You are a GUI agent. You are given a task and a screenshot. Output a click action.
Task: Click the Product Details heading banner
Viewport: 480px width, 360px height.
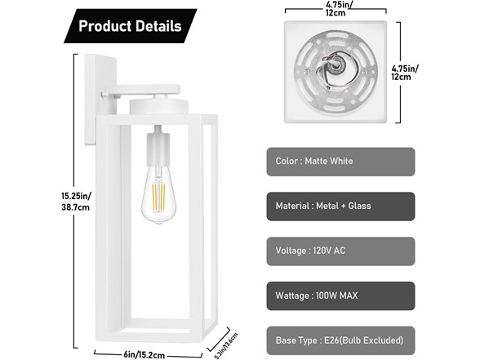pyautogui.click(x=131, y=26)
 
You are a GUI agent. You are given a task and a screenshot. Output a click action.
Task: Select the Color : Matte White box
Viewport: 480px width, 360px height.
pyautogui.click(x=340, y=162)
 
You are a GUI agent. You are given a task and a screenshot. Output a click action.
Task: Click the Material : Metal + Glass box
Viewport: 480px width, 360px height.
pyautogui.click(x=340, y=207)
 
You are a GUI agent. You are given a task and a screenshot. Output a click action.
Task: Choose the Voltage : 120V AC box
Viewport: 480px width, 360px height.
pyautogui.click(x=340, y=251)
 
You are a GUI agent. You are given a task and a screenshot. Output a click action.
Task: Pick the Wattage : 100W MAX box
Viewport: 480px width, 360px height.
pyautogui.click(x=340, y=296)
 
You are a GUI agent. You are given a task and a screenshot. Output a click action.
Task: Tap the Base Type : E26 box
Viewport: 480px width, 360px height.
pyautogui.click(x=340, y=340)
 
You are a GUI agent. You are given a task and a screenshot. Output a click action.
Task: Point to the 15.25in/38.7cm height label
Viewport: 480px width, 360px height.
pyautogui.click(x=76, y=202)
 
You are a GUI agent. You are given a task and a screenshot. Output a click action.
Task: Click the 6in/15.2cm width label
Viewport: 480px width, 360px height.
pyautogui.click(x=144, y=355)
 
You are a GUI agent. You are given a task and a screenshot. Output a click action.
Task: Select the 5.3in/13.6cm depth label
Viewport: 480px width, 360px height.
pyautogui.click(x=226, y=345)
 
